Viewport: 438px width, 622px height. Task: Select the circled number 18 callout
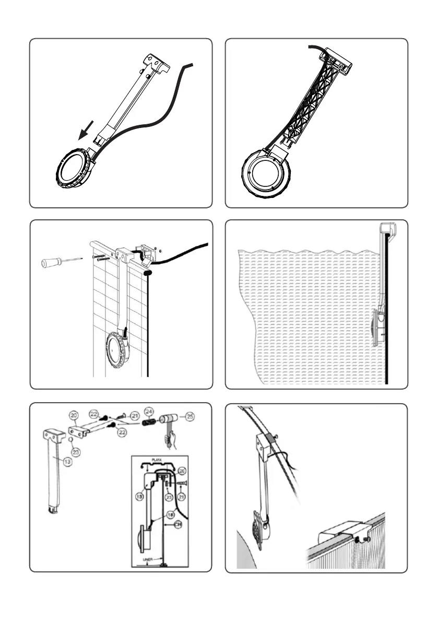(170, 515)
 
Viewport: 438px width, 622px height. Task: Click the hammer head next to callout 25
(168, 419)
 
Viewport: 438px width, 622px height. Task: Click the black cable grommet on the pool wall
(147, 273)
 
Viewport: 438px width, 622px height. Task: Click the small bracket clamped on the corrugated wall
(339, 533)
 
